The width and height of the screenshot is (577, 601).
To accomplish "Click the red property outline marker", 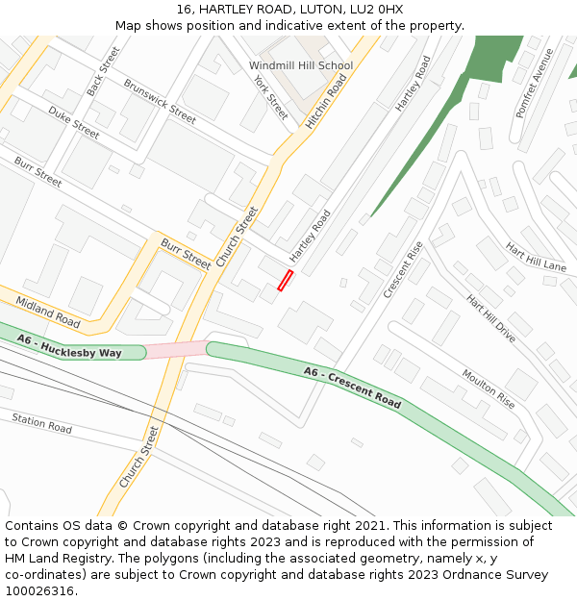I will point(285,280).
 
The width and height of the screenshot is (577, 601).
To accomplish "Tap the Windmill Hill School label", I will point(301,65).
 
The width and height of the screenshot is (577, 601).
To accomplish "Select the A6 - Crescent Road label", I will point(352,387).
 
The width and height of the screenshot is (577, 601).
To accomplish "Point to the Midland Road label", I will point(48,312).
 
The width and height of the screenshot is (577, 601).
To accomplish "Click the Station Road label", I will point(41,422).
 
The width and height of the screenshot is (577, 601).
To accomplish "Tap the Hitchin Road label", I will point(325,102).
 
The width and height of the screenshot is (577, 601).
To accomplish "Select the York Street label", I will point(270,95).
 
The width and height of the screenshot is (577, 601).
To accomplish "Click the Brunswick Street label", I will point(160,101).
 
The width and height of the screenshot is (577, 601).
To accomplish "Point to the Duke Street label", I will point(74,123).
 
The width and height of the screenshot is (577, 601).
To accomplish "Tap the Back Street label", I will point(103,70).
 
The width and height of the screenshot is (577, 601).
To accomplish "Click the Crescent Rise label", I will point(403,269).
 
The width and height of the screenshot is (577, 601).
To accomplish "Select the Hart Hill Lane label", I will point(536,257).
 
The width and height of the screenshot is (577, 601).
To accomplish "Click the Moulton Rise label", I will point(489,388).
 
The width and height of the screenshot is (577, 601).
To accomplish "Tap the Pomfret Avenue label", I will point(534,83).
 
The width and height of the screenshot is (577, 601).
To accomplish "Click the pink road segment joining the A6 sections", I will point(177,349).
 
